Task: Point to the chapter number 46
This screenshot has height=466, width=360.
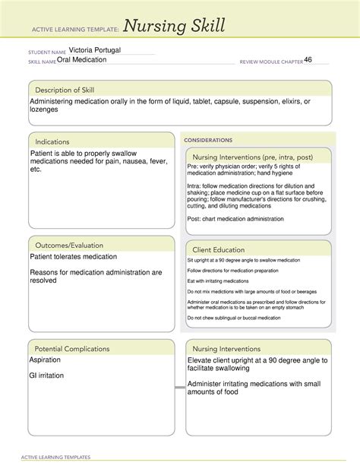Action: pyautogui.click(x=308, y=59)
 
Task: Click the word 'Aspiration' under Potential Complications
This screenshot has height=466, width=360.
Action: pyautogui.click(x=50, y=360)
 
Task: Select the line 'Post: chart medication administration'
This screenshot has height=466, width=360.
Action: pyautogui.click(x=235, y=219)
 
